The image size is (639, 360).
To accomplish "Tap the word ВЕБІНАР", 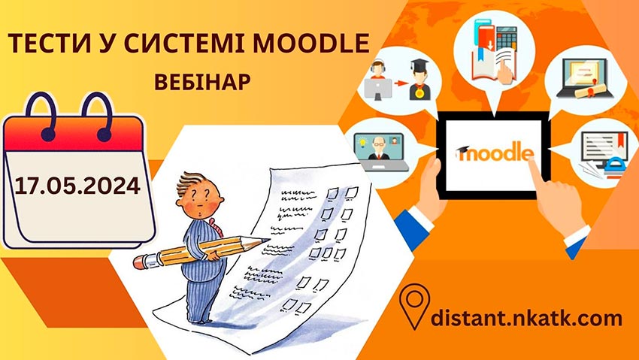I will (201, 80).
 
